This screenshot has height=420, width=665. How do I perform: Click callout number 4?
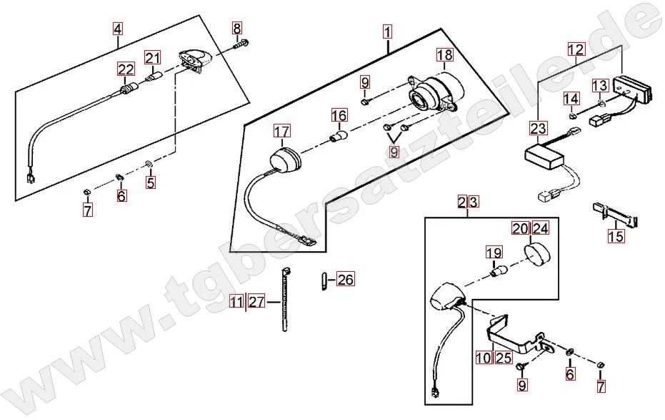click(x=117, y=29)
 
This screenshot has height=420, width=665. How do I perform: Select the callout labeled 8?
click(x=237, y=29)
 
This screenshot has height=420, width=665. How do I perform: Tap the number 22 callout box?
click(x=126, y=69)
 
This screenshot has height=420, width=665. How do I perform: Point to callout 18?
click(x=444, y=55)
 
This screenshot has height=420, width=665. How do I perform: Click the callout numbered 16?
click(x=339, y=114)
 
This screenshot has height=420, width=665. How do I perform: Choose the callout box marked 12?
click(x=576, y=49)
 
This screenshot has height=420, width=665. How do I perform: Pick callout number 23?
click(x=538, y=128)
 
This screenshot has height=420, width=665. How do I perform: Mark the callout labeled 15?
click(x=616, y=236)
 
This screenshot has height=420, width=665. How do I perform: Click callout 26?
click(x=345, y=280)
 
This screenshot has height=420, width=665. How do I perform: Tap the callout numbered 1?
click(x=386, y=31)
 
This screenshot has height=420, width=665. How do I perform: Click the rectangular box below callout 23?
click(x=547, y=156)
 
